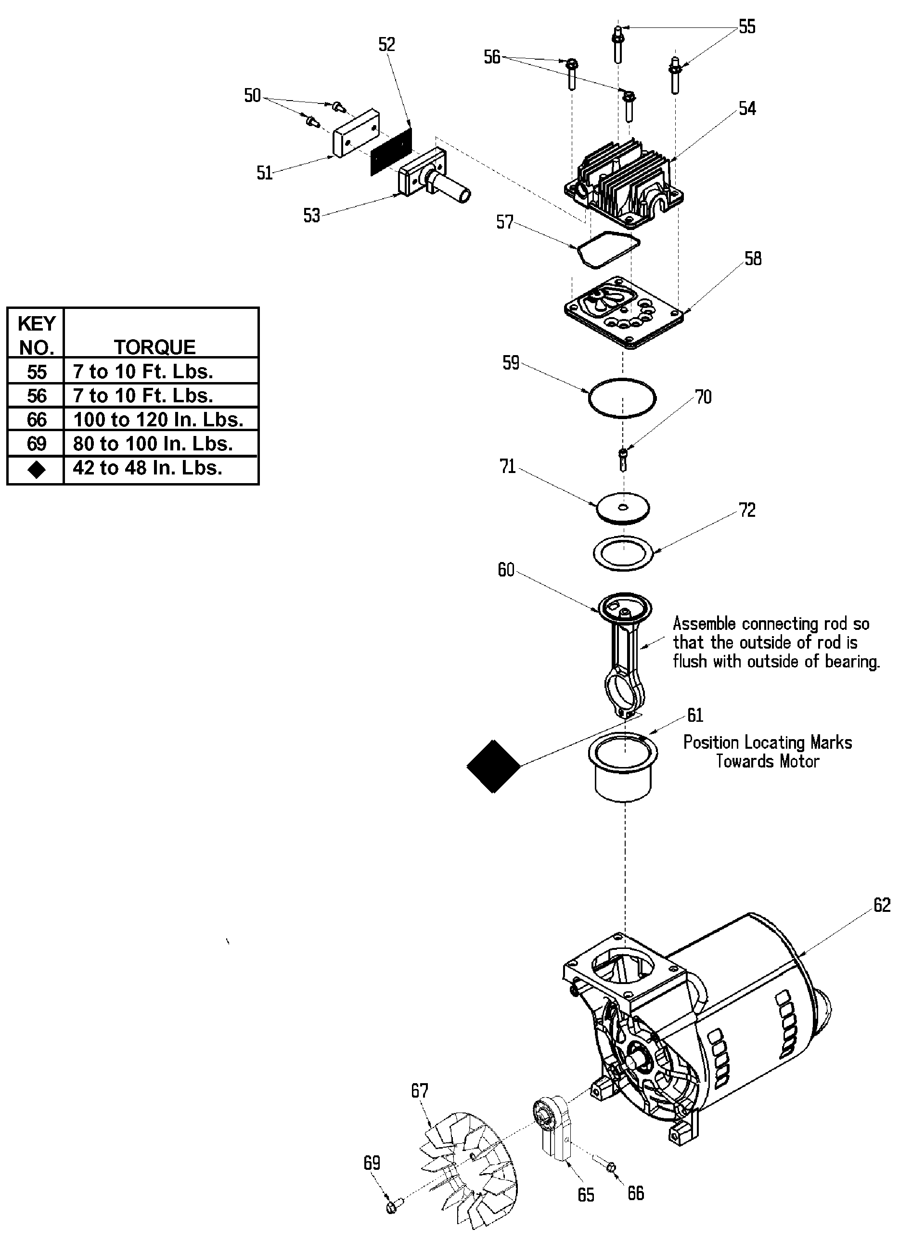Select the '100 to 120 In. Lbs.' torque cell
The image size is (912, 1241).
(x=158, y=420)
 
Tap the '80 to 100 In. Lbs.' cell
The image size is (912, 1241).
(x=153, y=444)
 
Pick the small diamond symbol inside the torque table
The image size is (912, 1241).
(x=37, y=469)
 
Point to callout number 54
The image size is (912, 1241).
(x=747, y=108)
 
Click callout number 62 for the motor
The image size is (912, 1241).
(x=882, y=905)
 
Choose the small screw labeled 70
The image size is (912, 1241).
(x=624, y=460)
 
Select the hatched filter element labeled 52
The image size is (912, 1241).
(x=391, y=151)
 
